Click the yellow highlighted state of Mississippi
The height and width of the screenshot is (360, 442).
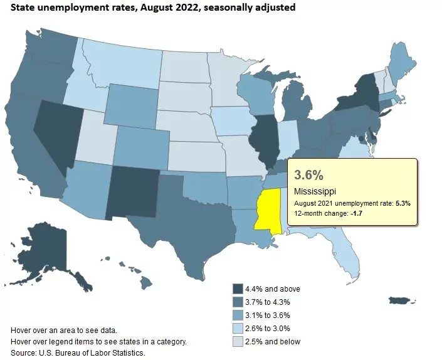pos(266,211)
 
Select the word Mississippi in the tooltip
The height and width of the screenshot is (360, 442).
pos(314,191)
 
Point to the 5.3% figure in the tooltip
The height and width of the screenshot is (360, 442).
pos(401,203)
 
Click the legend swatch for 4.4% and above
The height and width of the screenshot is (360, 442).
pos(238,289)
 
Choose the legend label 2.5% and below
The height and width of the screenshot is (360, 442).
pos(274,342)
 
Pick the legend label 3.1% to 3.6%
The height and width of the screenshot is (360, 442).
pos(272,315)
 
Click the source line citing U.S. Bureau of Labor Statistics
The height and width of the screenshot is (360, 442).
pos(78,353)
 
